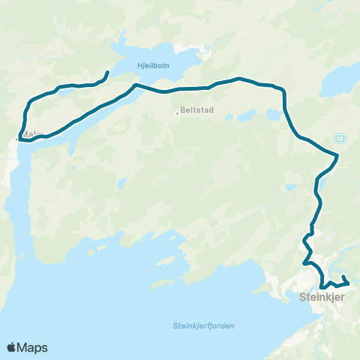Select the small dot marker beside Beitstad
click(177, 113)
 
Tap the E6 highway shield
click(340, 139)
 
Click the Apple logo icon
click(12, 347)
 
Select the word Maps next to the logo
click(32, 347)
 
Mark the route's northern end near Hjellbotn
click(108, 72)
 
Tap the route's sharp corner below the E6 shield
click(337, 156)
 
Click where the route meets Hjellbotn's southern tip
click(136, 85)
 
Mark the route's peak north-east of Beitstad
click(238, 78)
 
